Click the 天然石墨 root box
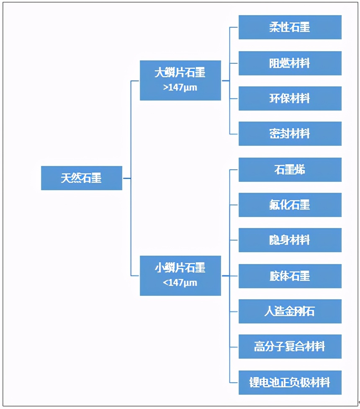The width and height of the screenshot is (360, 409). point(82,178)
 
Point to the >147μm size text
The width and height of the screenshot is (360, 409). point(180,88)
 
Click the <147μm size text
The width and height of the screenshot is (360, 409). point(180,282)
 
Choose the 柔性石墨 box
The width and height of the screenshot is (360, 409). point(290,27)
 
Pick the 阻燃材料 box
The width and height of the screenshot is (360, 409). point(290,63)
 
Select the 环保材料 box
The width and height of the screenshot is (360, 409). point(290,98)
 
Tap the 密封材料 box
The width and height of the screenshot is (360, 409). point(290,134)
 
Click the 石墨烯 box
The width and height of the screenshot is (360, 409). point(290,170)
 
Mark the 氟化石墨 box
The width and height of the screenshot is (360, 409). point(290,205)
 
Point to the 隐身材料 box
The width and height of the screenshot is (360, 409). point(290,240)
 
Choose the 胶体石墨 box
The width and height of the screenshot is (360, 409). point(290,276)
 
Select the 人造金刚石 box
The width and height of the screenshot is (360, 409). point(290,311)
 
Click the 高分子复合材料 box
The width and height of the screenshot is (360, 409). point(290,347)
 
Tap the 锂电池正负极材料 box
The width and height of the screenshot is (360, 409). point(290,383)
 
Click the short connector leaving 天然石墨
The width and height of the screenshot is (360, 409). point(127,178)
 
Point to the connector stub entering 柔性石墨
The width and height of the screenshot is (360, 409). point(234,27)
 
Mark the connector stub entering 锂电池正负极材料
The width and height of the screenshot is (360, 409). point(234,383)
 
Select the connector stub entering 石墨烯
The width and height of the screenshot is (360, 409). point(234,170)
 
